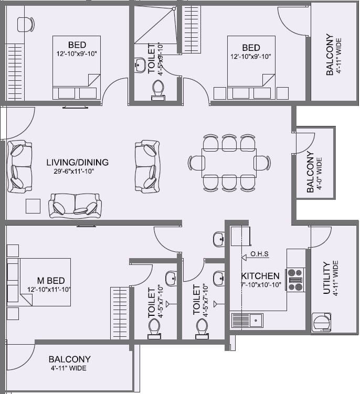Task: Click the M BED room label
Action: coord(51,281)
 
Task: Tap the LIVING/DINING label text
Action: coord(77,162)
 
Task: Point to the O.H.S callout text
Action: coord(259,254)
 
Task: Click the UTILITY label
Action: coord(326,278)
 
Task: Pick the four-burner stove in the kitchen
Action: coord(295,280)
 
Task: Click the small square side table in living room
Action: coord(33,206)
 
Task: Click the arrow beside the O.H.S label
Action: coord(245,257)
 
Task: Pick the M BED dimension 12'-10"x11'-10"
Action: coord(49,289)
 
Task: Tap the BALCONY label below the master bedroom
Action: coord(69,359)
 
